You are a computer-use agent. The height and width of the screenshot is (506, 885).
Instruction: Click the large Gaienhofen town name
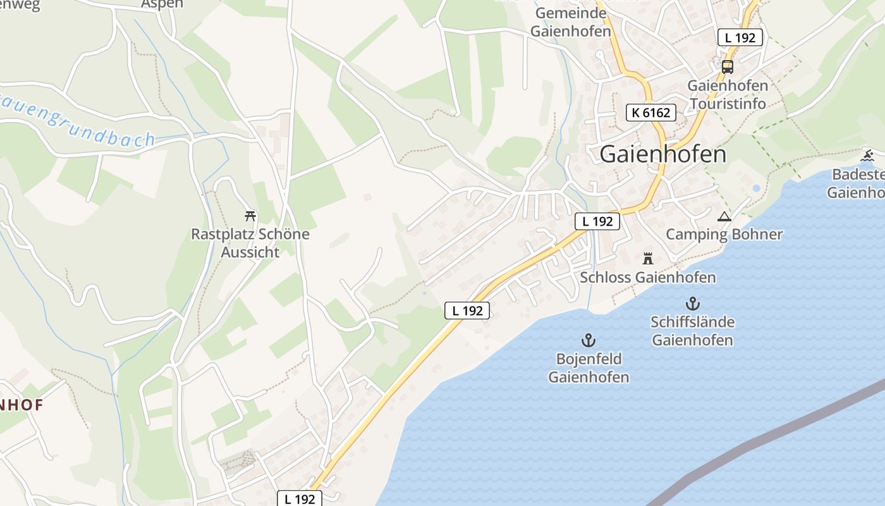pyautogui.click(x=662, y=154)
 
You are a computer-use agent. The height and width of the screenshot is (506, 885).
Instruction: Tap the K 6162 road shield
pyautogui.click(x=650, y=113)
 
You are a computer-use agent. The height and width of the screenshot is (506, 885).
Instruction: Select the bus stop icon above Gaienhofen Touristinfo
pyautogui.click(x=728, y=66)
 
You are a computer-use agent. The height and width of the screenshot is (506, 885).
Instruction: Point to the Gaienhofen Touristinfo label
pyautogui.click(x=728, y=94)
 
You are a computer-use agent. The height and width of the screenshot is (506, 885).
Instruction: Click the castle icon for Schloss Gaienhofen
pyautogui.click(x=647, y=258)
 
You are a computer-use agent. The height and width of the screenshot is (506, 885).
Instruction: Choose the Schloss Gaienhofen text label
pyautogui.click(x=647, y=277)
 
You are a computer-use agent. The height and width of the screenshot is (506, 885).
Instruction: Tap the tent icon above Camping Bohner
pyautogui.click(x=724, y=217)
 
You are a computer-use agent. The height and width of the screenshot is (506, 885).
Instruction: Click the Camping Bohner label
pyautogui.click(x=724, y=235)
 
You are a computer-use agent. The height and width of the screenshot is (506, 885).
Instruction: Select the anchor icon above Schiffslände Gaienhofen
pyautogui.click(x=693, y=304)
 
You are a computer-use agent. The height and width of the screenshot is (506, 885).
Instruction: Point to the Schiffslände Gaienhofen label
pyautogui.click(x=693, y=331)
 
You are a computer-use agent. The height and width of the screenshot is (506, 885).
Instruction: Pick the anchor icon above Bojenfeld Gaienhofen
pyautogui.click(x=589, y=340)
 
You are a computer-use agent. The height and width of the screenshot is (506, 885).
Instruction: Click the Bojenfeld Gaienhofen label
pyautogui.click(x=589, y=368)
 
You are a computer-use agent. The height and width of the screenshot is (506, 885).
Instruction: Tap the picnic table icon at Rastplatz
pyautogui.click(x=250, y=216)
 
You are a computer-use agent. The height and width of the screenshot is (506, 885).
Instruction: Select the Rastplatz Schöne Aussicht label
pyautogui.click(x=250, y=243)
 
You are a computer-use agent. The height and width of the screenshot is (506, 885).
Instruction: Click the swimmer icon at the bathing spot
pyautogui.click(x=867, y=156)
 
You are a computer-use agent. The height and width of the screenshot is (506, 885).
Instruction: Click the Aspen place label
pyautogui.click(x=162, y=4)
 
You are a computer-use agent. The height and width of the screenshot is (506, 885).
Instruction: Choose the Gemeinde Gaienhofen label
pyautogui.click(x=571, y=22)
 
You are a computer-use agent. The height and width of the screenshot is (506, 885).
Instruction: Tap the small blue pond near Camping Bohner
pyautogui.click(x=756, y=188)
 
